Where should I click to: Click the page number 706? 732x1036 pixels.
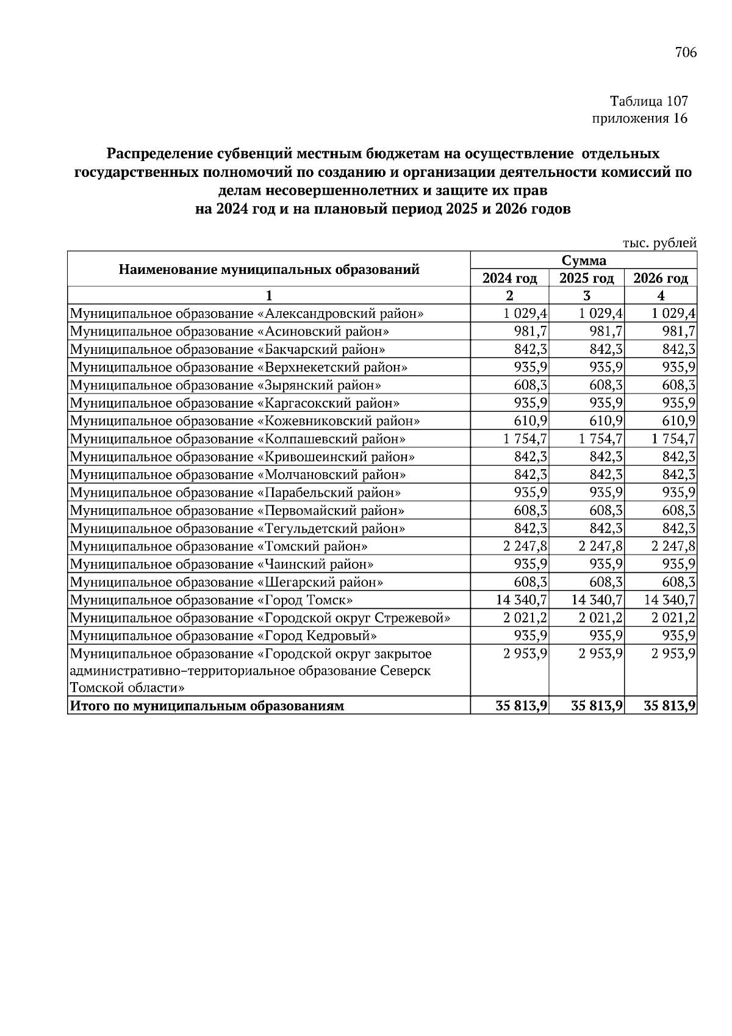pyautogui.click(x=686, y=52)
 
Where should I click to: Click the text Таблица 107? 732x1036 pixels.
pyautogui.click(x=648, y=101)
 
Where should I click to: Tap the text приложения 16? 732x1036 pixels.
pyautogui.click(x=640, y=118)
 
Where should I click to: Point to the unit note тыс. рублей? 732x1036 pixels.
pyautogui.click(x=659, y=243)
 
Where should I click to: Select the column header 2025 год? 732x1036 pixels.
pyautogui.click(x=586, y=278)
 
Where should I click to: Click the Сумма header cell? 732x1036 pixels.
pyautogui.click(x=584, y=261)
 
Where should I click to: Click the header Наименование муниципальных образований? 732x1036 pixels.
pyautogui.click(x=269, y=269)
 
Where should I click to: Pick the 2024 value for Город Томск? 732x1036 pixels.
pyautogui.click(x=523, y=600)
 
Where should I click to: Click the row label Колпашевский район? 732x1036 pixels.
pyautogui.click(x=239, y=439)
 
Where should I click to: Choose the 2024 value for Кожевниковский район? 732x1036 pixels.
pyautogui.click(x=531, y=421)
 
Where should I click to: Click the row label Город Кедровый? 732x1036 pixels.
pyautogui.click(x=224, y=636)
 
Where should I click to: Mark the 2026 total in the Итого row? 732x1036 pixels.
pyautogui.click(x=670, y=707)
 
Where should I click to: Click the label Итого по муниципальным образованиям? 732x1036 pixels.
pyautogui.click(x=207, y=707)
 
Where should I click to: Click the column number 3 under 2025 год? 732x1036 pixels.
pyautogui.click(x=586, y=297)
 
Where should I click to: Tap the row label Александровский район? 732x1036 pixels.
pyautogui.click(x=247, y=314)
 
